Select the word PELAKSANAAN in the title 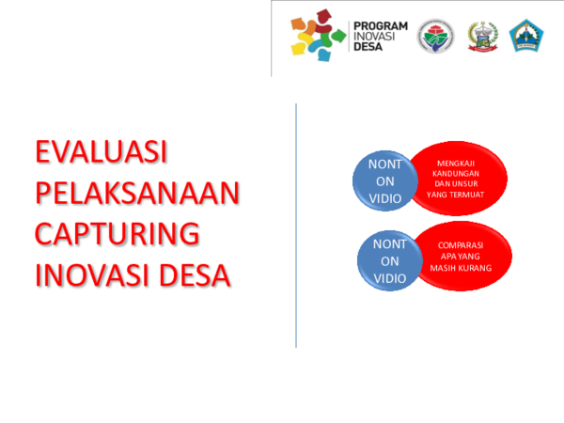137,194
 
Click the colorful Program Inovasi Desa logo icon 313,36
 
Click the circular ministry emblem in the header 435,37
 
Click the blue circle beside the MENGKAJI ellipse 384,181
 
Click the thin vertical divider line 296,226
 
